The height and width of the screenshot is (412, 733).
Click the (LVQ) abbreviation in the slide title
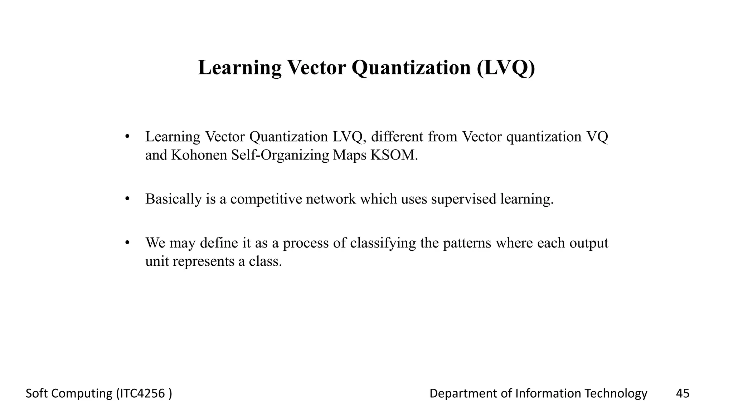click(506, 67)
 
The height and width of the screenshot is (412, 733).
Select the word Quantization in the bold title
click(411, 67)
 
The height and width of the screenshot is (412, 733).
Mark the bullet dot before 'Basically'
click(127, 198)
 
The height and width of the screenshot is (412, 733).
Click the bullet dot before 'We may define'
click(127, 242)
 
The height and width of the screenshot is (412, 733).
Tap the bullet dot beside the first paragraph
click(127, 136)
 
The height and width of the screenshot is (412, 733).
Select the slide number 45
click(683, 393)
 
